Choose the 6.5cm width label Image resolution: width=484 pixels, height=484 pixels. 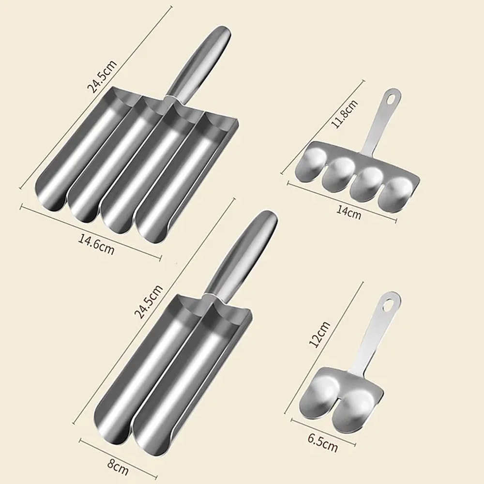323,443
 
